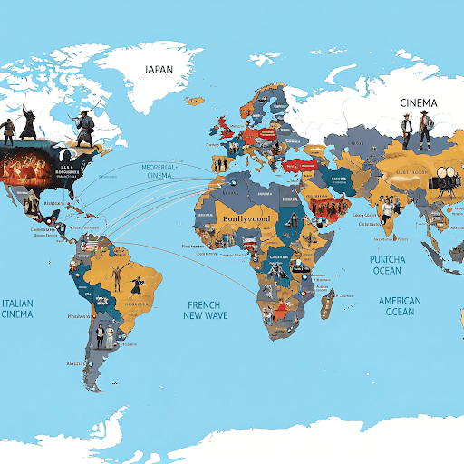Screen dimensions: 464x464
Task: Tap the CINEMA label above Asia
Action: click(x=419, y=103)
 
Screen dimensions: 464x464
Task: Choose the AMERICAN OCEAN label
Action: click(x=400, y=306)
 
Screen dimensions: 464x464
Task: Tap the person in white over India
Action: click(x=388, y=211)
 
